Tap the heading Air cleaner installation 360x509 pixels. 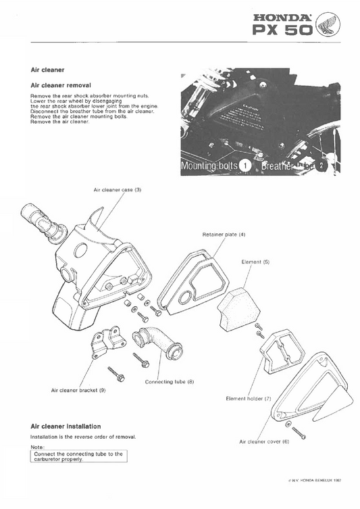pyautogui.click(x=66, y=427)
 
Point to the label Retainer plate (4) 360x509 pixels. pyautogui.click(x=224, y=234)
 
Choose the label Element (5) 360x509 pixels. pyautogui.click(x=255, y=262)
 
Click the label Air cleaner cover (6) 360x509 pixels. pyautogui.click(x=263, y=441)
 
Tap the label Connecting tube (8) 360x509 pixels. pyautogui.click(x=170, y=382)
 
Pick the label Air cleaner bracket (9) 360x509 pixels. pyautogui.click(x=78, y=390)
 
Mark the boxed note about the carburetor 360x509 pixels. pyautogui.click(x=78, y=456)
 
